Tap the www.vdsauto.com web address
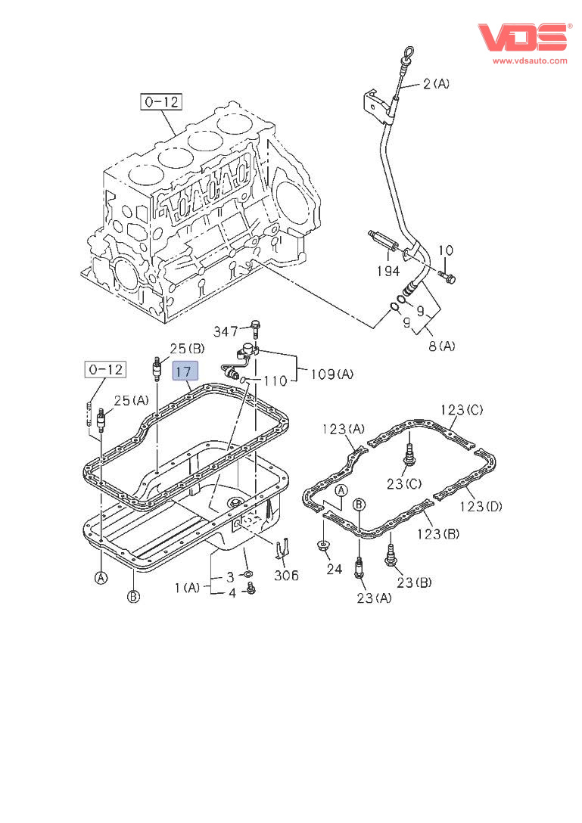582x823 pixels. [x=529, y=61]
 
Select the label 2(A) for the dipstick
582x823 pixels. [x=436, y=84]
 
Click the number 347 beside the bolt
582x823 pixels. [x=226, y=331]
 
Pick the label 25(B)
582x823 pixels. [x=187, y=349]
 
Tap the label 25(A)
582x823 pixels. [x=132, y=400]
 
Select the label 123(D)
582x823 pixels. [x=481, y=505]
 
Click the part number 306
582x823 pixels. [x=286, y=576]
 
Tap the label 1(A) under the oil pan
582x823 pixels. [x=188, y=586]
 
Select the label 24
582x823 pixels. [x=335, y=570]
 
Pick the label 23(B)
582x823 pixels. [x=413, y=582]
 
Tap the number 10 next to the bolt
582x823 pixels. [x=446, y=250]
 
